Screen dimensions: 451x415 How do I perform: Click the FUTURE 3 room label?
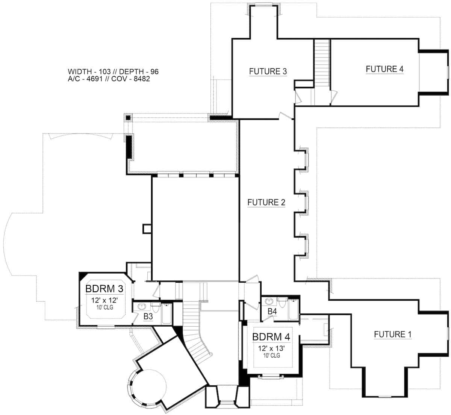(268, 71)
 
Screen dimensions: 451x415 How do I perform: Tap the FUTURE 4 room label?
(384, 69)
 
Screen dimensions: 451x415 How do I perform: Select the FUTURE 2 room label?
(266, 202)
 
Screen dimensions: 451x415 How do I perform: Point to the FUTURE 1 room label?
(392, 334)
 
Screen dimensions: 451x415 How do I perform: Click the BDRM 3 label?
(104, 289)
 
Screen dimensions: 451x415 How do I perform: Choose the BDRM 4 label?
(271, 337)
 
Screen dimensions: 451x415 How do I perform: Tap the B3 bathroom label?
(148, 317)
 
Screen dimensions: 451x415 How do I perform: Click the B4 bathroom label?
(272, 311)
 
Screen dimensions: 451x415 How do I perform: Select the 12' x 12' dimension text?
(104, 300)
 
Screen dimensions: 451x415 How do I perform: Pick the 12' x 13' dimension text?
(271, 348)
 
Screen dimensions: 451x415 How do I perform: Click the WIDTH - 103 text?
(89, 71)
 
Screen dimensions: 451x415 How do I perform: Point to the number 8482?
(141, 79)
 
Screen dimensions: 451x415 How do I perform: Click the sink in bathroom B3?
(142, 306)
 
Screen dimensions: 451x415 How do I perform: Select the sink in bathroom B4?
(268, 301)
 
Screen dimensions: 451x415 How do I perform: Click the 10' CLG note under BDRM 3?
(105, 307)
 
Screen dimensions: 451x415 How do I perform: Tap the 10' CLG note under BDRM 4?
(272, 355)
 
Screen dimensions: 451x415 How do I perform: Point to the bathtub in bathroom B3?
(166, 314)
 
